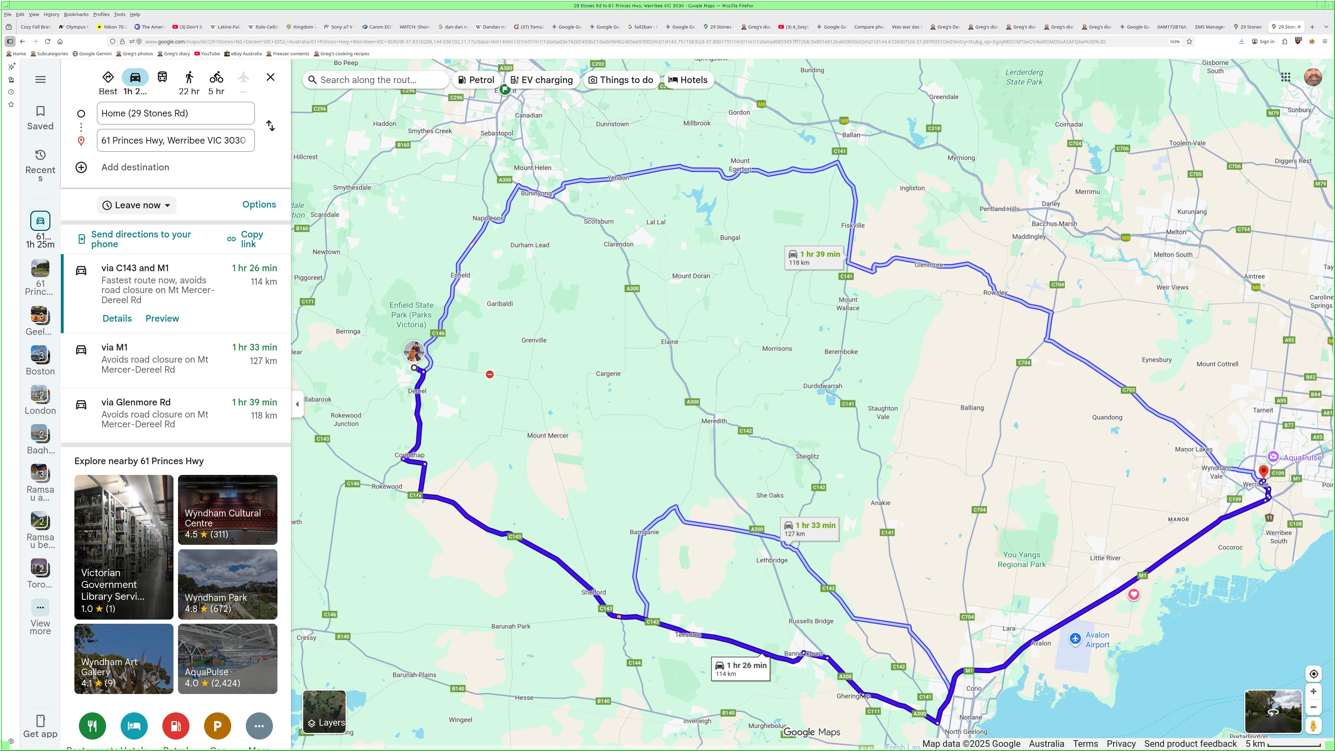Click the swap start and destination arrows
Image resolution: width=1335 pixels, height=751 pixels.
pyautogui.click(x=270, y=126)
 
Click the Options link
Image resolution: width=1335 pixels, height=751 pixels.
pyautogui.click(x=259, y=204)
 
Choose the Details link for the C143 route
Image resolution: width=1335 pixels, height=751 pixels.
pyautogui.click(x=117, y=318)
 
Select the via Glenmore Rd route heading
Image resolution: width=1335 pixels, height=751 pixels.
pyautogui.click(x=136, y=402)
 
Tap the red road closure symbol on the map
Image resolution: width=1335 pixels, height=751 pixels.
pyautogui.click(x=490, y=374)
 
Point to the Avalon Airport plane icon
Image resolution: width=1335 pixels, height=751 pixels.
pyautogui.click(x=1075, y=639)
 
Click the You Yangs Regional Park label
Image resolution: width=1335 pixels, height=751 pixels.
pyautogui.click(x=1021, y=559)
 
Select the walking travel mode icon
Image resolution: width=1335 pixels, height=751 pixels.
pyautogui.click(x=189, y=78)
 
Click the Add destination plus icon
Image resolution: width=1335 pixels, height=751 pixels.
pyautogui.click(x=81, y=167)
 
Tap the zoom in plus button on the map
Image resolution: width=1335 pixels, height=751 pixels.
pyautogui.click(x=1313, y=692)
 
